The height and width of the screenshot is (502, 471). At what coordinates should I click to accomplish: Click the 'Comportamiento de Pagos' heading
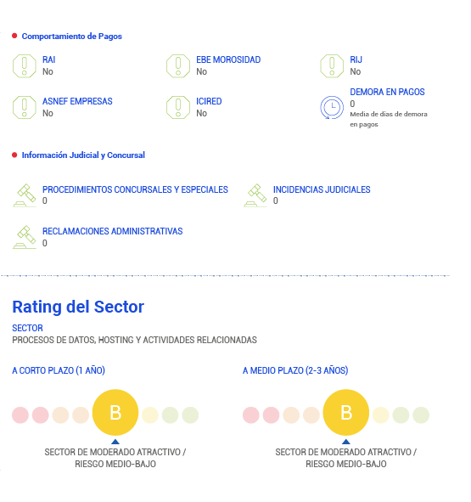point(71,37)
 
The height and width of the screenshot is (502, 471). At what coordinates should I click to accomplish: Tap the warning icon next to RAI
point(25,66)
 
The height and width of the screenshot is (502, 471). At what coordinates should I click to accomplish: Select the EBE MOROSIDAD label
point(228,59)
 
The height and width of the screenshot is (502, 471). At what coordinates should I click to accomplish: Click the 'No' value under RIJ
point(356,71)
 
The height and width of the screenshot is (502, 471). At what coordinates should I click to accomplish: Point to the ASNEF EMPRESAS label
point(77,101)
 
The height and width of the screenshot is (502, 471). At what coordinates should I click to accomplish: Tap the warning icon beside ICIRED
point(178,107)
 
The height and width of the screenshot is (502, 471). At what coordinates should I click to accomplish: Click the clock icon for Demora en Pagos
point(332,107)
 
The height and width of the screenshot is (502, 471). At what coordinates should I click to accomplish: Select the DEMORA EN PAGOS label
point(387,92)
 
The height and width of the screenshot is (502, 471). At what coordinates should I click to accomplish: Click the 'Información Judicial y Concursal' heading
point(83,155)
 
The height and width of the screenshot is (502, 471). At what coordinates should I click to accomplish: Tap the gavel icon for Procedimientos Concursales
point(25,195)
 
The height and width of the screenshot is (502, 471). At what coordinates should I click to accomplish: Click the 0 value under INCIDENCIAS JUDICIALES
point(276,200)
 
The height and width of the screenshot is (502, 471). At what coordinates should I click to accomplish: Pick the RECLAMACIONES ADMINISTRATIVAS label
point(112,231)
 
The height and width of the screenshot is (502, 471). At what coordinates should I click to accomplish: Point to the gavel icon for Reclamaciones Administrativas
point(25,237)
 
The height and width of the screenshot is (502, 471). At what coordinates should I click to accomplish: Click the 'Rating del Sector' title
point(78,307)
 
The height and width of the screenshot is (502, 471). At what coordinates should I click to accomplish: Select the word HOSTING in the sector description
point(115,340)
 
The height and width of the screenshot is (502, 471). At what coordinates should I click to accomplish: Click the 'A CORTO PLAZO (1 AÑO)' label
point(59,370)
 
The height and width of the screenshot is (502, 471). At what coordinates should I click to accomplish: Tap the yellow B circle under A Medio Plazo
point(346,412)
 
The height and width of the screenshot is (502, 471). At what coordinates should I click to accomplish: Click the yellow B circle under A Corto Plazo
point(115,412)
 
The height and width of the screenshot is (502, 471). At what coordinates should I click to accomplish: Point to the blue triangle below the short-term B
point(115,442)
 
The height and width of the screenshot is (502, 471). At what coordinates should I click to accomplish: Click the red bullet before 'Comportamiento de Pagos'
point(14,36)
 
